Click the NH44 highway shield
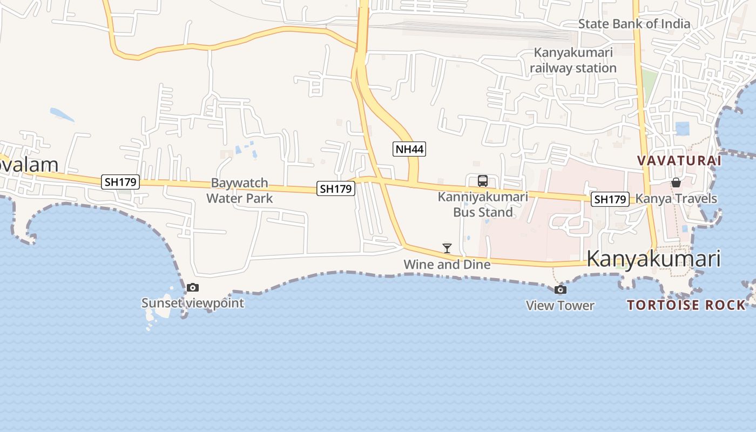pos(409,149)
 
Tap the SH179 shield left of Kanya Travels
pos(610,199)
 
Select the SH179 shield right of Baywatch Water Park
pos(335,188)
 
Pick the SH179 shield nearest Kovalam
pos(120,182)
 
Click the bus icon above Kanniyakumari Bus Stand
pos(483,181)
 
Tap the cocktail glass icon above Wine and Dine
pos(447,248)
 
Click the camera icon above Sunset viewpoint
pos(193,288)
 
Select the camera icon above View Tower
pos(561,290)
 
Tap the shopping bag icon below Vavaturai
pos(676,183)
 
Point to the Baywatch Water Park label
pos(239,191)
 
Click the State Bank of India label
pos(634,24)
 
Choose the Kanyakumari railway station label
pos(573,60)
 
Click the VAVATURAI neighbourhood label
pos(679,161)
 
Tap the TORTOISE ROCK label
pos(686,305)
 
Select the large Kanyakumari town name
pos(653,259)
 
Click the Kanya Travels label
pos(676,199)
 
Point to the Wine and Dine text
pos(447,265)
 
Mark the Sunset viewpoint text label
pos(193,303)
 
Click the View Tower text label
pos(560,306)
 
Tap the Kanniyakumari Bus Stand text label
pos(483,204)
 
